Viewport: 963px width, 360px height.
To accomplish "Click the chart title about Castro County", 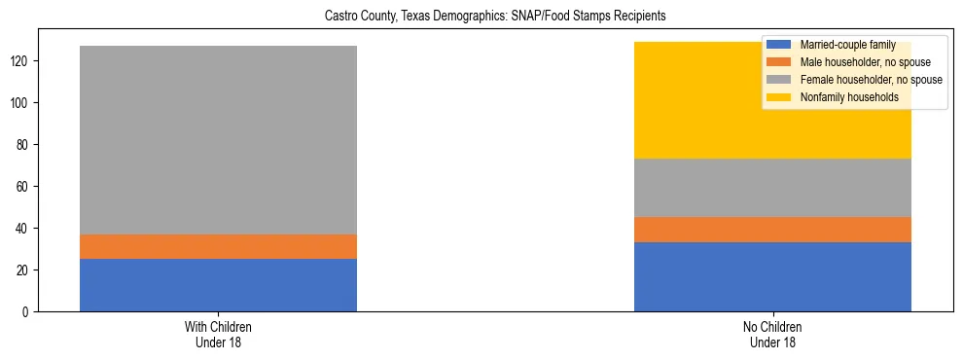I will click(x=481, y=17).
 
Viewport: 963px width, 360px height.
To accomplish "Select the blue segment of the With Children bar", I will click(x=218, y=285).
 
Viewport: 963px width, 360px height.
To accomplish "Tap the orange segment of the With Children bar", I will click(x=218, y=246).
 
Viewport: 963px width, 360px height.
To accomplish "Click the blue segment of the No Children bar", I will click(x=772, y=276).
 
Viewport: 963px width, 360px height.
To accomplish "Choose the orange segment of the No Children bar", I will click(x=772, y=230).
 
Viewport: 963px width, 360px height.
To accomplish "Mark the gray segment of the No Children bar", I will click(x=772, y=188).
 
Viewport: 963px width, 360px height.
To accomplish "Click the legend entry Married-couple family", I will click(x=841, y=45).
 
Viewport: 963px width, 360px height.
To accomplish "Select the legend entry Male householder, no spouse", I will click(x=855, y=62).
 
